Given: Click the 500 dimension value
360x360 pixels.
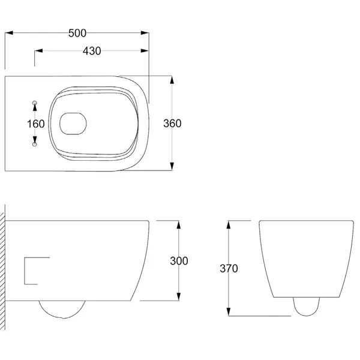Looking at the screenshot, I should click(x=77, y=33).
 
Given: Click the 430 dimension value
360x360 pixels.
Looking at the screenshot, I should click(x=91, y=51).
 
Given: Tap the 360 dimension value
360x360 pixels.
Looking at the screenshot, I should click(x=172, y=124).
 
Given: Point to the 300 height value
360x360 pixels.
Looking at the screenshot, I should click(x=179, y=261).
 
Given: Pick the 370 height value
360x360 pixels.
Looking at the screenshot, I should click(x=229, y=269).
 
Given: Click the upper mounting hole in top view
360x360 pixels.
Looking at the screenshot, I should click(x=34, y=103).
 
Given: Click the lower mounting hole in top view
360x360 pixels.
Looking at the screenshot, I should click(x=34, y=145).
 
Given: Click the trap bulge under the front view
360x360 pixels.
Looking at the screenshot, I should click(x=306, y=306).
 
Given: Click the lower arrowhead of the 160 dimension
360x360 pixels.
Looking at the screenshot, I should click(x=34, y=140).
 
